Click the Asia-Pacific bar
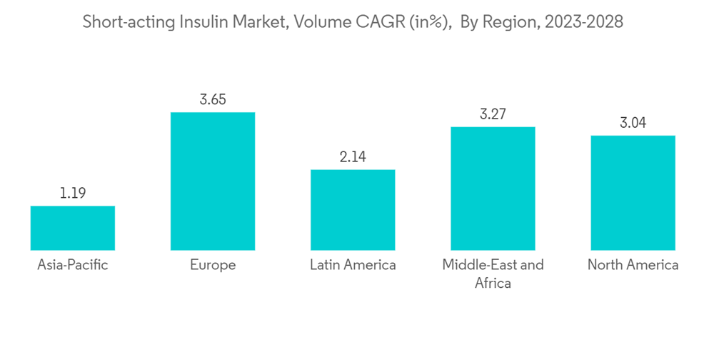[x=73, y=228]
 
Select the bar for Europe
[x=213, y=181]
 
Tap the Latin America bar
[x=353, y=210]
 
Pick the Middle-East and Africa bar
[x=493, y=189]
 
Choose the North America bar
[x=633, y=193]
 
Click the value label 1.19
[x=73, y=194]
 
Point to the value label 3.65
[x=213, y=100]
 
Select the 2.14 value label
[x=353, y=157]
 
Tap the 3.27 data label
[x=493, y=114]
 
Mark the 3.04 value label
[x=633, y=123]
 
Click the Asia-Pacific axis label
[x=73, y=266]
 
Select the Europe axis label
[x=213, y=266]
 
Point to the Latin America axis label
[x=353, y=266]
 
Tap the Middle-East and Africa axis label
[x=493, y=274]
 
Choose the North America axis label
[x=633, y=266]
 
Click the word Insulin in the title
[x=198, y=22]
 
